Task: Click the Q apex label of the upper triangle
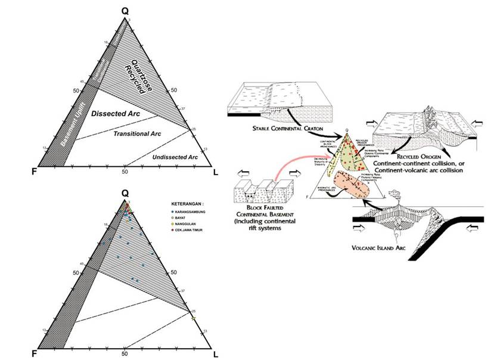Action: pyautogui.click(x=125, y=11)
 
